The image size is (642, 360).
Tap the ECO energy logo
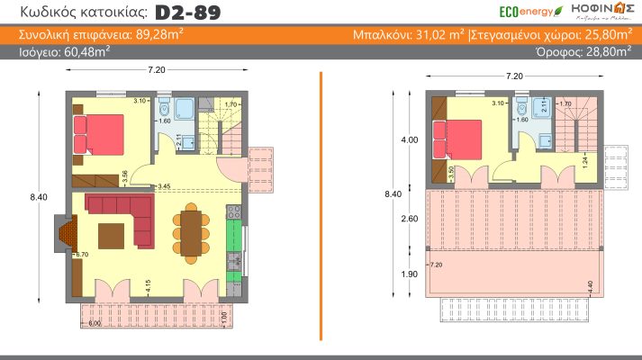pyautogui.click(x=530, y=12)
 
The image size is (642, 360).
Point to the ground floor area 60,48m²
pyautogui.click(x=82, y=52)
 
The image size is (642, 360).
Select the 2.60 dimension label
pyautogui.click(x=409, y=219)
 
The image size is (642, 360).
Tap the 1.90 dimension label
pyautogui.click(x=409, y=274)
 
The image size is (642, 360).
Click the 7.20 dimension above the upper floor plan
pyautogui.click(x=515, y=76)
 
